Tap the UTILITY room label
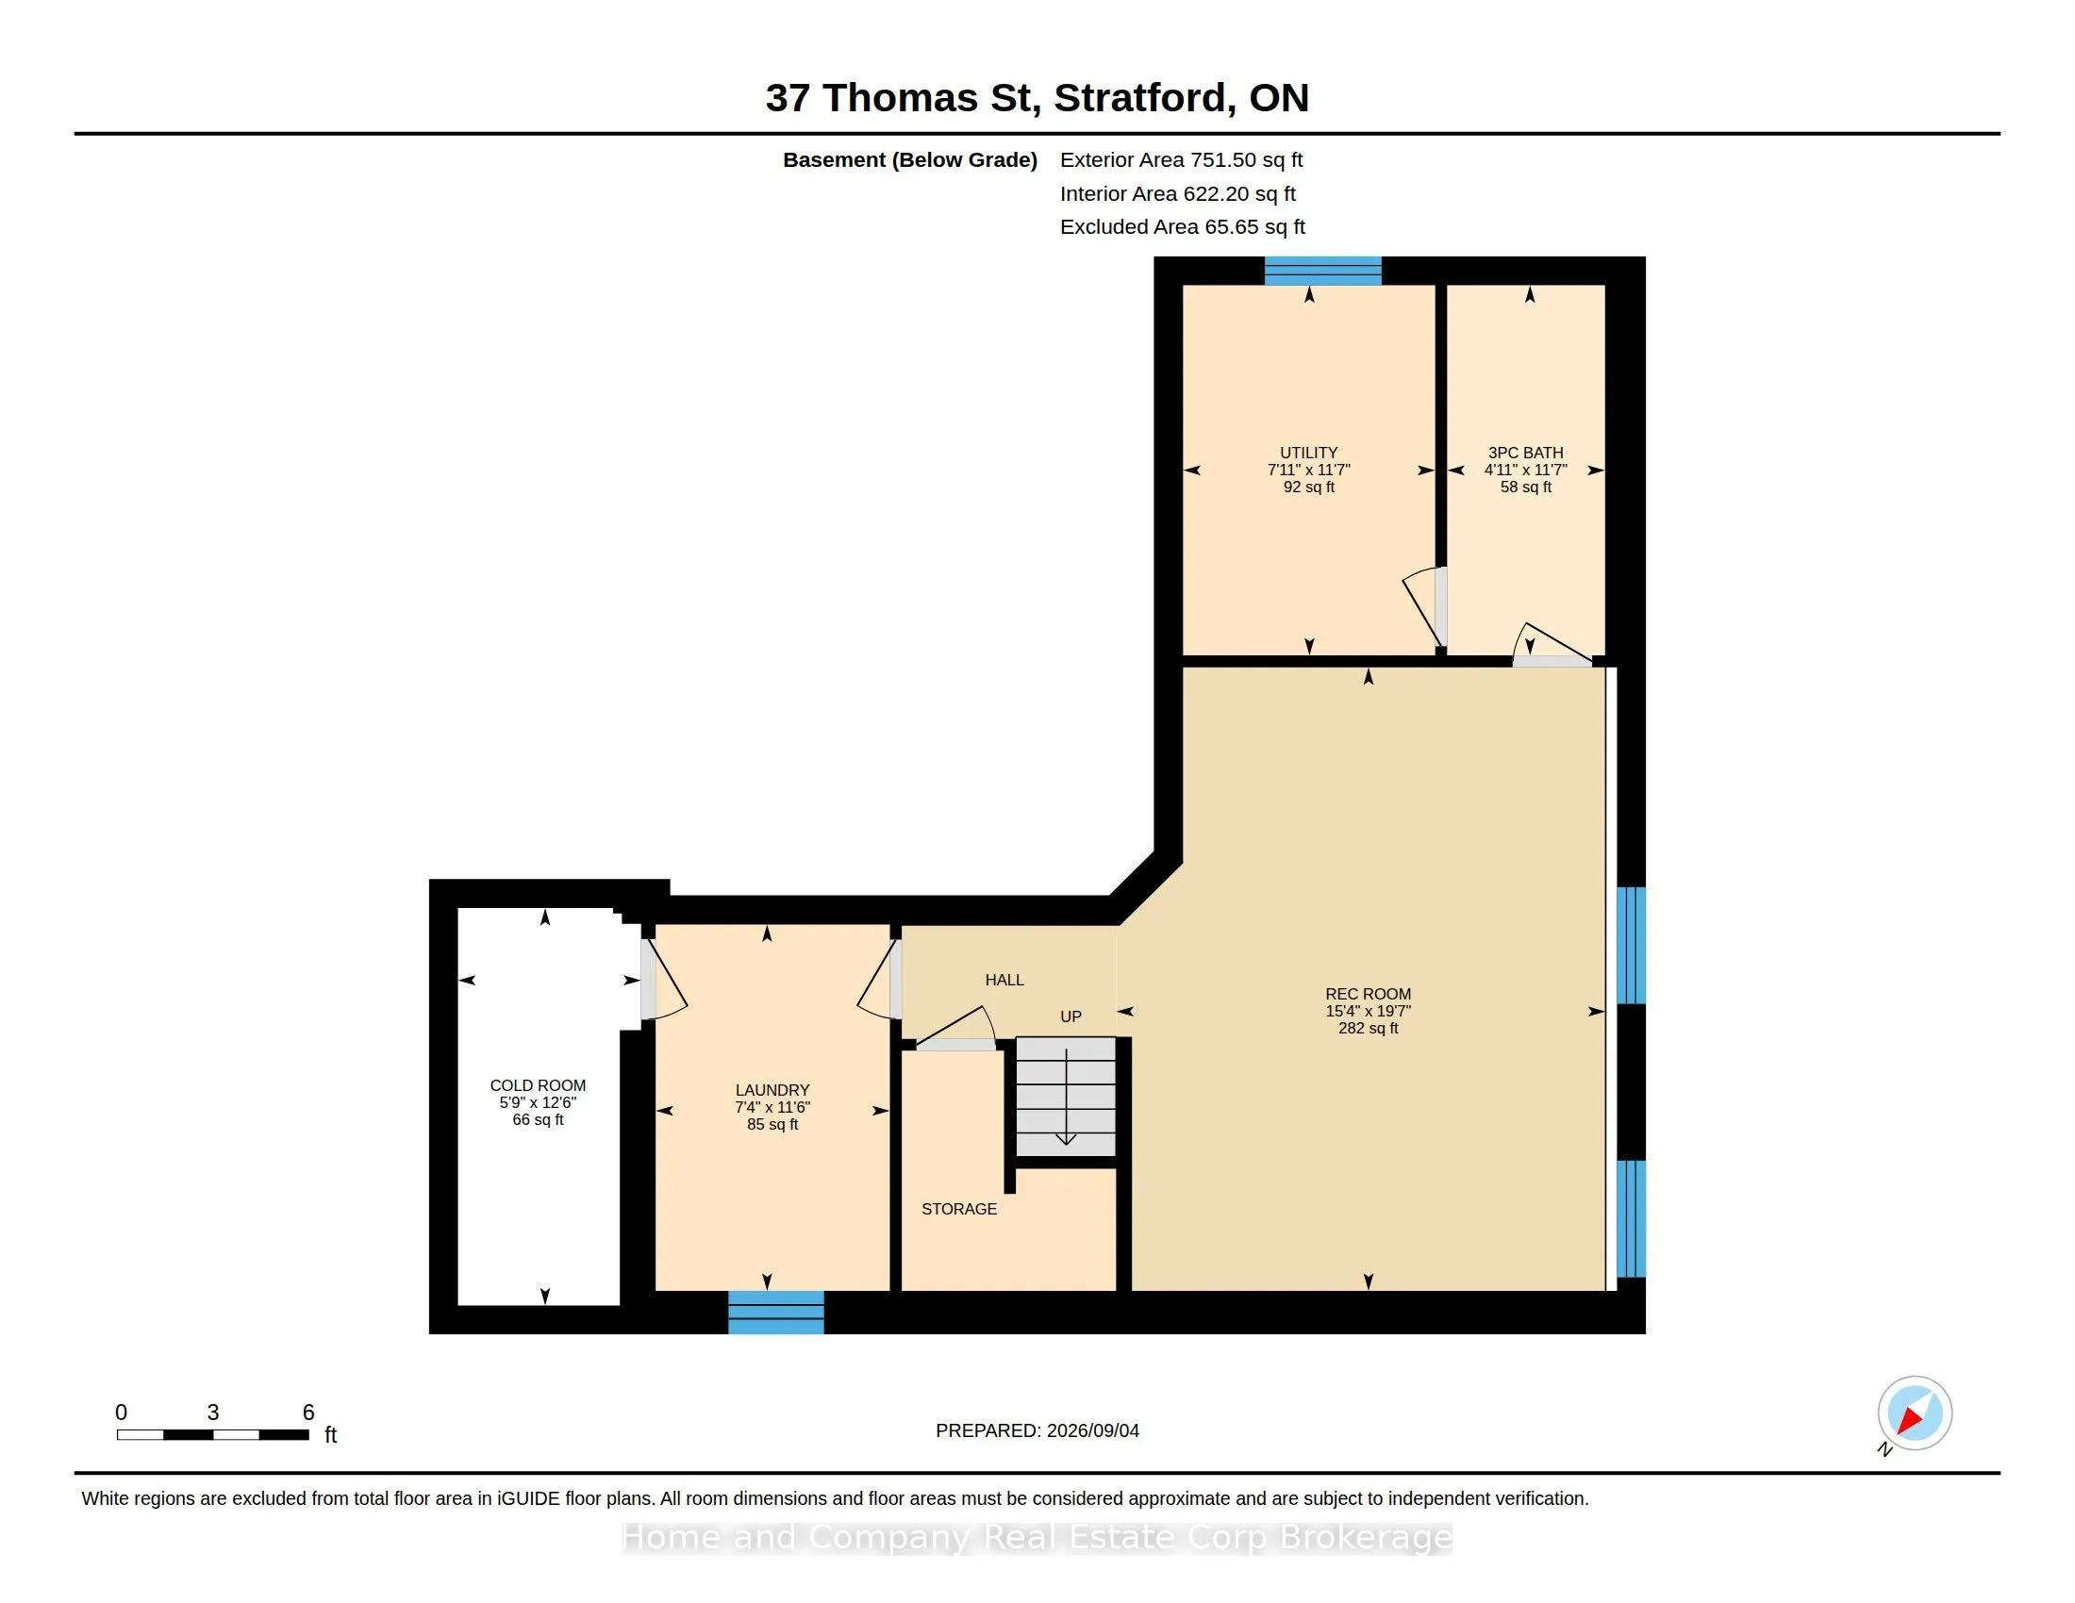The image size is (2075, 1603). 1308,453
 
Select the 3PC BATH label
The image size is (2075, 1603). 1525,453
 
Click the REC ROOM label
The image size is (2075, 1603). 1369,994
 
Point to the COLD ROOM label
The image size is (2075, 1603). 538,1085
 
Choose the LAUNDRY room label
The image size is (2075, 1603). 772,1090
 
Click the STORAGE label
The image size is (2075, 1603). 959,1209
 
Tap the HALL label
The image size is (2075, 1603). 1004,980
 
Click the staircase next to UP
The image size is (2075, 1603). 1066,1097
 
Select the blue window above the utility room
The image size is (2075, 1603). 1322,271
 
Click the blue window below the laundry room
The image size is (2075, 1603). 776,1313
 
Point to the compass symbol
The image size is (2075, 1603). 1915,1413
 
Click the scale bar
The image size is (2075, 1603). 213,1435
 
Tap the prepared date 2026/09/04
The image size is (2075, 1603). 1092,1431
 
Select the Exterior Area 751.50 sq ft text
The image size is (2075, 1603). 1181,160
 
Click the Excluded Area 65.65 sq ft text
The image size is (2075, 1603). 1182,227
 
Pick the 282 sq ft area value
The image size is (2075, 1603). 1369,1029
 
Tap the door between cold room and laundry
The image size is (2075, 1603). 662,978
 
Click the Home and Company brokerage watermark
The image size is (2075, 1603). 1037,1538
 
